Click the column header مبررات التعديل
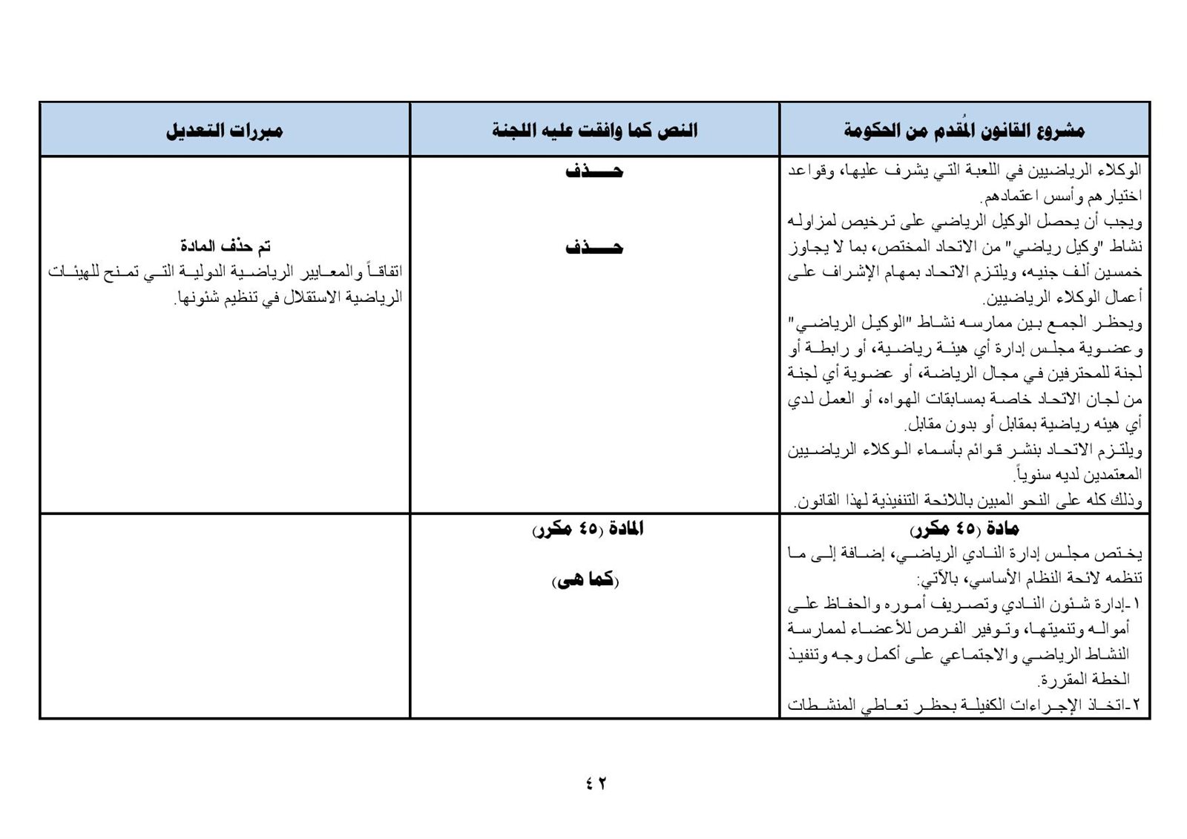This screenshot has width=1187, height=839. click(224, 131)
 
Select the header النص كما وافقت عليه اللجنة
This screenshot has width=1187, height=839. click(594, 131)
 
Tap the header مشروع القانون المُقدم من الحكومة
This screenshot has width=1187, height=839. click(964, 131)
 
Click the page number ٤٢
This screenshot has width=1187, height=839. click(595, 783)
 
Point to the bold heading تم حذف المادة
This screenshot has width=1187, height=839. click(226, 246)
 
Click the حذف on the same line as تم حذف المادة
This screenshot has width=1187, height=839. click(594, 248)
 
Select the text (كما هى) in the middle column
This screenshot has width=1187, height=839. click(585, 581)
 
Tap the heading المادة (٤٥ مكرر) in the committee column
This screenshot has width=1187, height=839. click(588, 530)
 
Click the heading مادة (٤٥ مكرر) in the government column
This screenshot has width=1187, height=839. click(964, 530)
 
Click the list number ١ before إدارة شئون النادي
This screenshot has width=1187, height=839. click(1137, 604)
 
